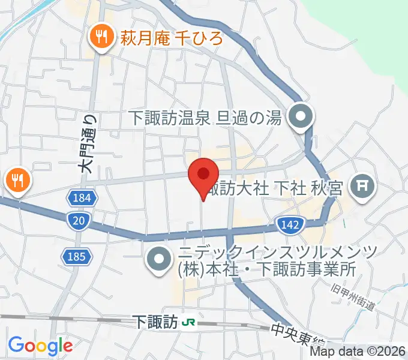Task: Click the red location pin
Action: coord(203,175)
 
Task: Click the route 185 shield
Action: coord(76,257)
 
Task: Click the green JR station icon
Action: coord(188,322)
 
